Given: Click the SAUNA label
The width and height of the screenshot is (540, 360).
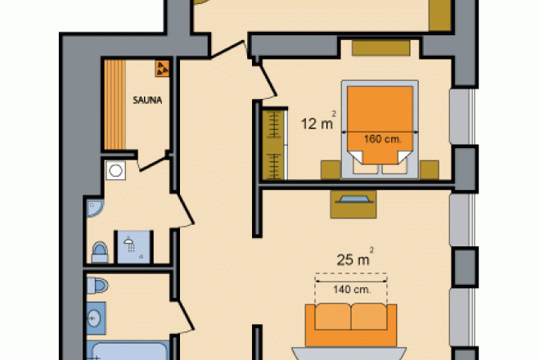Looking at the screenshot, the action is (147, 101).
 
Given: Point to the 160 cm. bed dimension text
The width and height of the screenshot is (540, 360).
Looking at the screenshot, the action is (383, 139).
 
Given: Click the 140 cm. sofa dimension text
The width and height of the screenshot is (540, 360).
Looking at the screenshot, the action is (352, 290).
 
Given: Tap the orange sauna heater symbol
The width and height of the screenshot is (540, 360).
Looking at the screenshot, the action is (162, 68).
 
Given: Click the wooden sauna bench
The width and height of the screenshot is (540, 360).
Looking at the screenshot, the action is (115, 105).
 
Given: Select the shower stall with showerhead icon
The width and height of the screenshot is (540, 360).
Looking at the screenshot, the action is (133, 247).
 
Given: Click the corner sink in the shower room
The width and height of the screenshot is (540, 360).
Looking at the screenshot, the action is (94, 208).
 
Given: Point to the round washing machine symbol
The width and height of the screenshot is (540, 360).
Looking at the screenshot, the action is (115, 170).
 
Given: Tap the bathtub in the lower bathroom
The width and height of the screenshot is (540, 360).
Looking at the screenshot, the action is (128, 351).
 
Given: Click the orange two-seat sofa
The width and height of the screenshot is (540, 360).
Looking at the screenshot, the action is (351, 325).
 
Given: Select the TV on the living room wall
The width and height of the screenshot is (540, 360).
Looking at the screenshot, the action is (353, 200).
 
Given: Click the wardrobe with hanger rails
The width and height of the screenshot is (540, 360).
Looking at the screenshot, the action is (274, 145).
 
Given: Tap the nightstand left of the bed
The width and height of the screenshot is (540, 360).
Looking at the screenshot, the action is (331, 170).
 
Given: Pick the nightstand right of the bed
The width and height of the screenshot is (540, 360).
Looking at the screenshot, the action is (429, 170).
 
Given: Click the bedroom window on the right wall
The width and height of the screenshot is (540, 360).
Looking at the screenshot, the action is (462, 116).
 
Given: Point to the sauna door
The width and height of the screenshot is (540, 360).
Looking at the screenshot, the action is (152, 164).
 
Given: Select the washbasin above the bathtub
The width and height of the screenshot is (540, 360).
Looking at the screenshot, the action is (96, 318).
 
